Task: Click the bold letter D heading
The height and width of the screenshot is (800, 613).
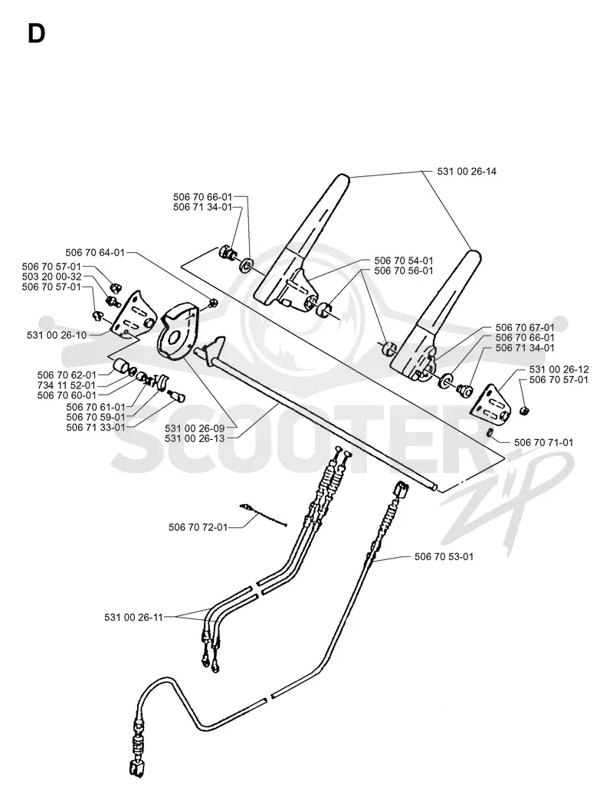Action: [x=36, y=34]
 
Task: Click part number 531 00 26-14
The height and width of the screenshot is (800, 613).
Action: [x=467, y=172]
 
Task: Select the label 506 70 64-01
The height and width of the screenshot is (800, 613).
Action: [x=95, y=253]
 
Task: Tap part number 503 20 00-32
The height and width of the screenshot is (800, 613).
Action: [x=51, y=277]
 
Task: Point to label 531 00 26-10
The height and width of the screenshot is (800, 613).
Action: [x=56, y=335]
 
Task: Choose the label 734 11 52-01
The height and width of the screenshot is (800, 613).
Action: [x=67, y=385]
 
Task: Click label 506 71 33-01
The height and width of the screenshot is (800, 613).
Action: [x=96, y=428]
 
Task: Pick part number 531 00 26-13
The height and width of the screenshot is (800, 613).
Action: [x=195, y=438]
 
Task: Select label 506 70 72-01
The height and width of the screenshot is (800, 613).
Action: [x=198, y=527]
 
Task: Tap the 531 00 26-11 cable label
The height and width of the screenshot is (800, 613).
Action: [x=133, y=618]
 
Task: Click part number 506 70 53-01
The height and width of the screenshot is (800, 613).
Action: [x=444, y=556]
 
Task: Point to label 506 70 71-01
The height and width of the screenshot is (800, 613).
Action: [x=543, y=443]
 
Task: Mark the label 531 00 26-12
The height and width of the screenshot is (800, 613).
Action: [x=559, y=369]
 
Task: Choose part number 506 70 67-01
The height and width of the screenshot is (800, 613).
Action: [x=525, y=327]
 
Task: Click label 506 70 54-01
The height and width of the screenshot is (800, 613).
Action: [x=404, y=261]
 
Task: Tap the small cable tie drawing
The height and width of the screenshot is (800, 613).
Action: [x=263, y=515]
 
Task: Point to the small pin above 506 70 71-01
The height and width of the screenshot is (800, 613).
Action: [x=489, y=434]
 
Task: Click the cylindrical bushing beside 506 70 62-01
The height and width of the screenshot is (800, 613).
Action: [x=121, y=366]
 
